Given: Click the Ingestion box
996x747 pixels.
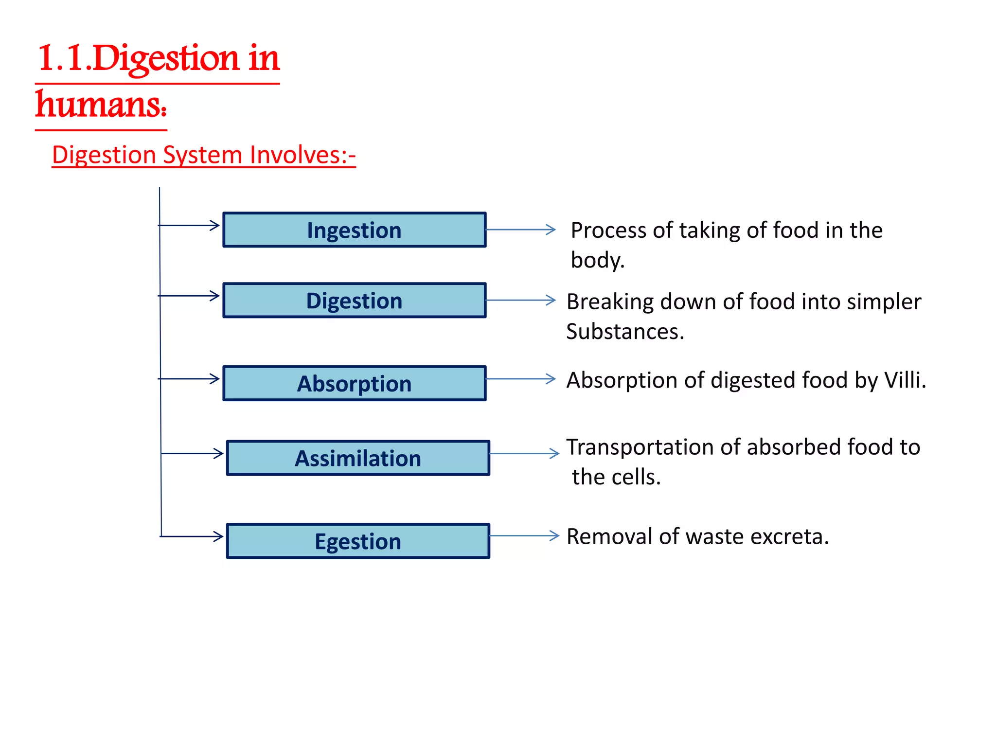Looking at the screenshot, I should click(354, 230).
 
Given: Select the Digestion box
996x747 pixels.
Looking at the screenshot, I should click(354, 300).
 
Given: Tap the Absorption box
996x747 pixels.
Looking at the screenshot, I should click(354, 383).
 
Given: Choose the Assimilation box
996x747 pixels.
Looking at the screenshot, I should click(358, 458).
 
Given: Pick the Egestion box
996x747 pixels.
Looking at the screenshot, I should click(358, 541).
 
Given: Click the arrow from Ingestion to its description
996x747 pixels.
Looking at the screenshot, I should click(520, 230).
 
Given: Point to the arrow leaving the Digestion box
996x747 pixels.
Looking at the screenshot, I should click(520, 300).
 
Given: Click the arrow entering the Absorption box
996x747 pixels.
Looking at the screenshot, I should click(190, 378).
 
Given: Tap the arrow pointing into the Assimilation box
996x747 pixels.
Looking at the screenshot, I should click(192, 453).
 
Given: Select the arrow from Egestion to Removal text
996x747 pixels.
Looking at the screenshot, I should click(524, 536).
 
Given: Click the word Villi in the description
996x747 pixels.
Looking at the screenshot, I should click(905, 380).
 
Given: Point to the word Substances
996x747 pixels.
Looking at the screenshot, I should click(624, 332).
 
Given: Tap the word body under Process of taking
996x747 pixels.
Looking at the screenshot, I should click(597, 260).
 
